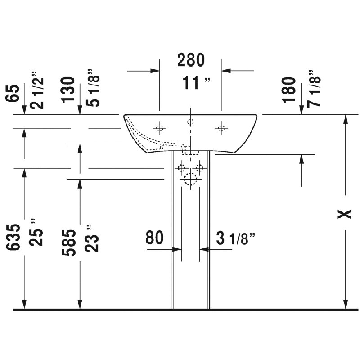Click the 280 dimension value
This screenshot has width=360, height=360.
coord(191,60)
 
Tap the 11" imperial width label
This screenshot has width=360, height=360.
coord(196,83)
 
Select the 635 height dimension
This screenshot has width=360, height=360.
coord(13,237)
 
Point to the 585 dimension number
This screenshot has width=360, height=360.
coord(69,243)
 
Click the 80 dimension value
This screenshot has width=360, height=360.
coord(154,238)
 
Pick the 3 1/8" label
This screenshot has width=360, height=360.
coord(235,238)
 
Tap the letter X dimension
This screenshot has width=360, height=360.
coord(345,214)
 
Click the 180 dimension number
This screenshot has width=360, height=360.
coord(288,90)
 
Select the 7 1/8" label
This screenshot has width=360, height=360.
coord(314,88)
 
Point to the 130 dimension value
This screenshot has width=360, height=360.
coord(68,90)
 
